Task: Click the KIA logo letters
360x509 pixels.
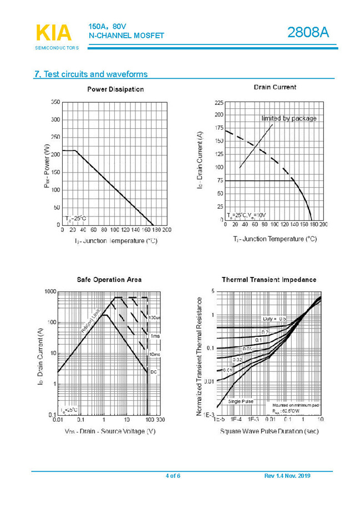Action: (53, 33)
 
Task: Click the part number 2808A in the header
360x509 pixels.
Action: (308, 33)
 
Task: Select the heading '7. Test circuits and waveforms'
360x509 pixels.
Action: (91, 74)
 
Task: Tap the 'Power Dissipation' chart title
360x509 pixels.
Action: (115, 89)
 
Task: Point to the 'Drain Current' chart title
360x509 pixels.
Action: (275, 87)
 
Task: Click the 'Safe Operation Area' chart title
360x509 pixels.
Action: (109, 280)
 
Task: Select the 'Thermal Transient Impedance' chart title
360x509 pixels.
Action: (269, 280)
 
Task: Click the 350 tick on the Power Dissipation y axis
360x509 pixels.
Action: (55, 103)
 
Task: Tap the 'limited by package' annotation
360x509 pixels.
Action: (289, 118)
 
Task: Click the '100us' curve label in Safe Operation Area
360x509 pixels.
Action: (154, 318)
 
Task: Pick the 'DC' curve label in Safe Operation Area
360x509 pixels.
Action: (154, 372)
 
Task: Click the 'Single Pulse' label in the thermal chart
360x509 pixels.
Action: (241, 401)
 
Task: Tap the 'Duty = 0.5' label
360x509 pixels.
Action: (274, 319)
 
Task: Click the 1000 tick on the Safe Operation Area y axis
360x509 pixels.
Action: (50, 292)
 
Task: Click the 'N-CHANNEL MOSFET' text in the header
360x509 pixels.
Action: (126, 36)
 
